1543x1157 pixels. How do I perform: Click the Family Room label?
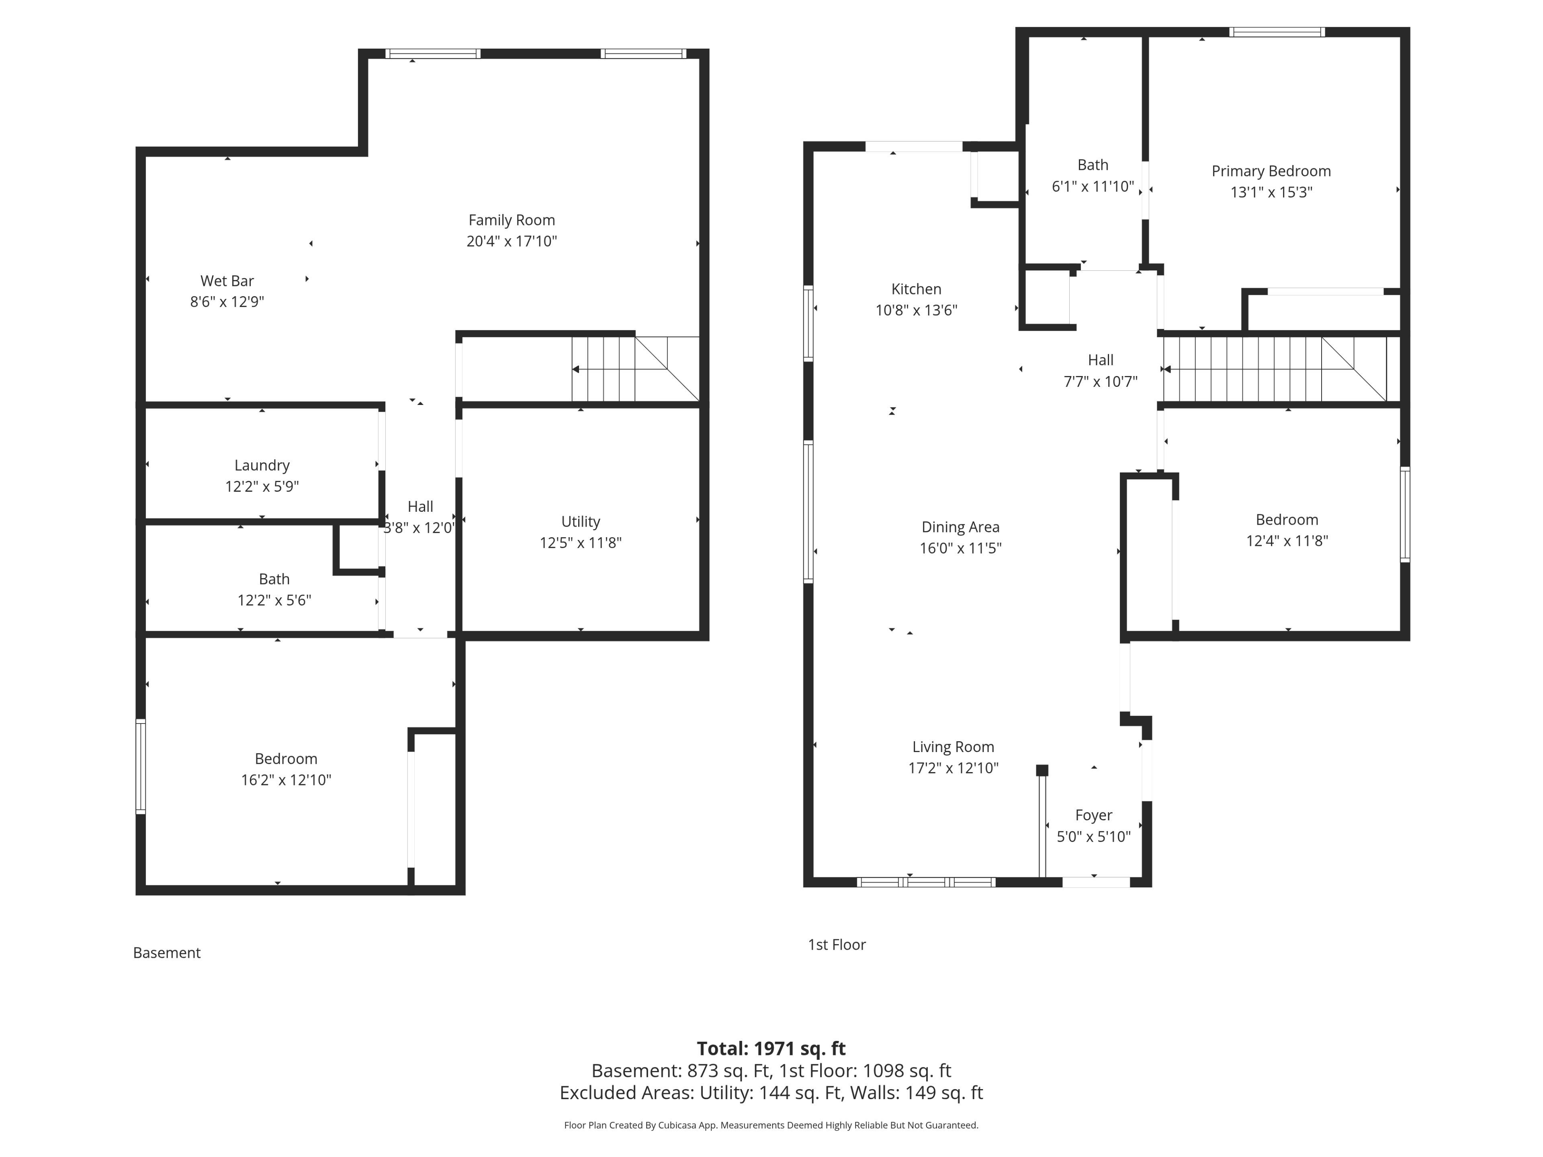point(511,221)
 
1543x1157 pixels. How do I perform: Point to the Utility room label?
point(580,522)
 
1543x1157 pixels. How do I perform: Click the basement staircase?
point(635,369)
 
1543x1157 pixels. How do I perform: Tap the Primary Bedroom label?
point(1271,171)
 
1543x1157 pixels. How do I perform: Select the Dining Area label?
point(960,527)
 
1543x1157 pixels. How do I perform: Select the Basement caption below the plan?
point(167,953)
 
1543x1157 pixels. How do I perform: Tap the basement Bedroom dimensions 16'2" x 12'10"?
point(286,780)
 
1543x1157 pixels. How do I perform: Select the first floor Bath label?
point(1093,165)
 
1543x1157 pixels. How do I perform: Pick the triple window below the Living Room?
point(926,882)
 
